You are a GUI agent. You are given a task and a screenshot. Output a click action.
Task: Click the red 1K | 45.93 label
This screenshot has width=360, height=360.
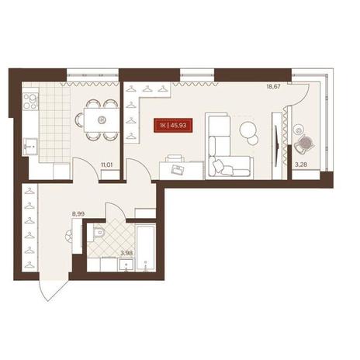(173, 126)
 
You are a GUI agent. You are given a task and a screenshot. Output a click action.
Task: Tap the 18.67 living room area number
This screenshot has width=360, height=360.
(274, 87)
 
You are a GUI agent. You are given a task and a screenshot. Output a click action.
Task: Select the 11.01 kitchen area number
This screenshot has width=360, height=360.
(106, 164)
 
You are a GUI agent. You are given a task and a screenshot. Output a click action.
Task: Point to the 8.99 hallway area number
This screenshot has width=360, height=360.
(78, 214)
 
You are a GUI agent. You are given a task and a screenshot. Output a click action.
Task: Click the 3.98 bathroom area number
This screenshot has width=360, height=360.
(126, 253)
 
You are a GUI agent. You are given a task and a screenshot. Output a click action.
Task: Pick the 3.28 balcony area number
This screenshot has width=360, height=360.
(301, 164)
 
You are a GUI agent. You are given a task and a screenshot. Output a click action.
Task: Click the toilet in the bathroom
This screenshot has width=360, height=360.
(96, 233)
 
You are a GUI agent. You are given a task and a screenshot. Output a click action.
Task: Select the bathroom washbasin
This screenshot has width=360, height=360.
(126, 265)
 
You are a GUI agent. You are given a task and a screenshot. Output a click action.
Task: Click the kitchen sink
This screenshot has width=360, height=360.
(30, 147)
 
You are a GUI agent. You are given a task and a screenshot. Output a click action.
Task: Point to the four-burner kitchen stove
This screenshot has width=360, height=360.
(30, 101)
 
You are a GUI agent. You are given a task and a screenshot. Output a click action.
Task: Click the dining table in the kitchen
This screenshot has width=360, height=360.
(102, 119)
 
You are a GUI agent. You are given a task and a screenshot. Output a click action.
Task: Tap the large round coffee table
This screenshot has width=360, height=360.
(248, 130)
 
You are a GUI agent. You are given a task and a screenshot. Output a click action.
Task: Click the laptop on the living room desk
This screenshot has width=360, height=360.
(178, 169)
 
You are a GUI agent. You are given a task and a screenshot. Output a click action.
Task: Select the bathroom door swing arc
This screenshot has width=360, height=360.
(116, 210)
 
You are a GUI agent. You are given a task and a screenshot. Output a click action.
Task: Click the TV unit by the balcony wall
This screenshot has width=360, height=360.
(277, 146)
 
